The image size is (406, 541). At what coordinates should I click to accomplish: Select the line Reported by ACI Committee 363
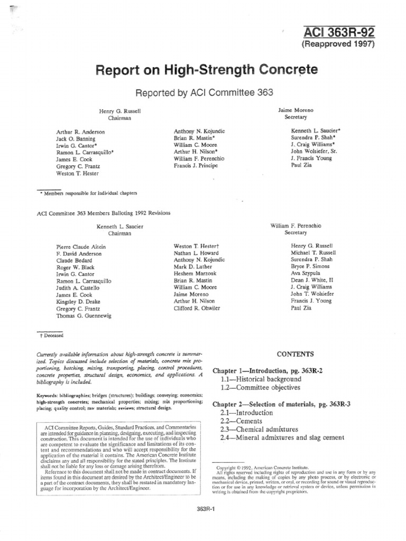coord(205,92)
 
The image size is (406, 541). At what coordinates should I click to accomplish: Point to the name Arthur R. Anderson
coord(80,132)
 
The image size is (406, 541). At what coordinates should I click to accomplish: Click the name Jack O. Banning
coord(77,138)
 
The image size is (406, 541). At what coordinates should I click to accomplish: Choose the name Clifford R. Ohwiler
coord(197,308)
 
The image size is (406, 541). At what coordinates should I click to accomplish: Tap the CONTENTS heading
coord(296,354)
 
